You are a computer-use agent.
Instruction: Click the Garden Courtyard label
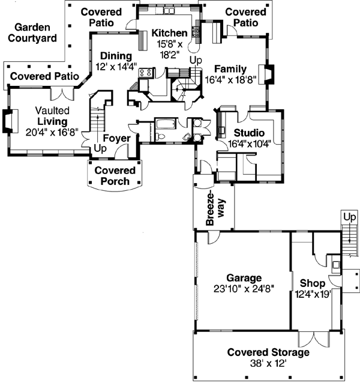pyautogui.click(x=35, y=33)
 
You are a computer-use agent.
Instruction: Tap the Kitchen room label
pyautogui.click(x=169, y=33)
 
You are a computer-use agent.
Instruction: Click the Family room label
pyautogui.click(x=230, y=68)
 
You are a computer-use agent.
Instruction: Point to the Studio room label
pyautogui.click(x=250, y=133)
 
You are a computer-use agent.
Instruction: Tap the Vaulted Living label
pyautogui.click(x=52, y=116)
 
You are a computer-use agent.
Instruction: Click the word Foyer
pyautogui.click(x=116, y=139)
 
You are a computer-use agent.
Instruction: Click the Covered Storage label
pyautogui.click(x=268, y=352)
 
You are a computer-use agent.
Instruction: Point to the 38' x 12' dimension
pyautogui.click(x=268, y=363)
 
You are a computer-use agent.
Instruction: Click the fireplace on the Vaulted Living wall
pyautogui.click(x=8, y=120)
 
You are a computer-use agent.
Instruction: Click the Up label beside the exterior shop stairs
pyautogui.click(x=349, y=216)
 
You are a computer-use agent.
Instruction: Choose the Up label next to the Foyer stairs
pyautogui.click(x=100, y=148)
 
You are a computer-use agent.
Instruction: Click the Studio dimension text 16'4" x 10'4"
pyautogui.click(x=250, y=143)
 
